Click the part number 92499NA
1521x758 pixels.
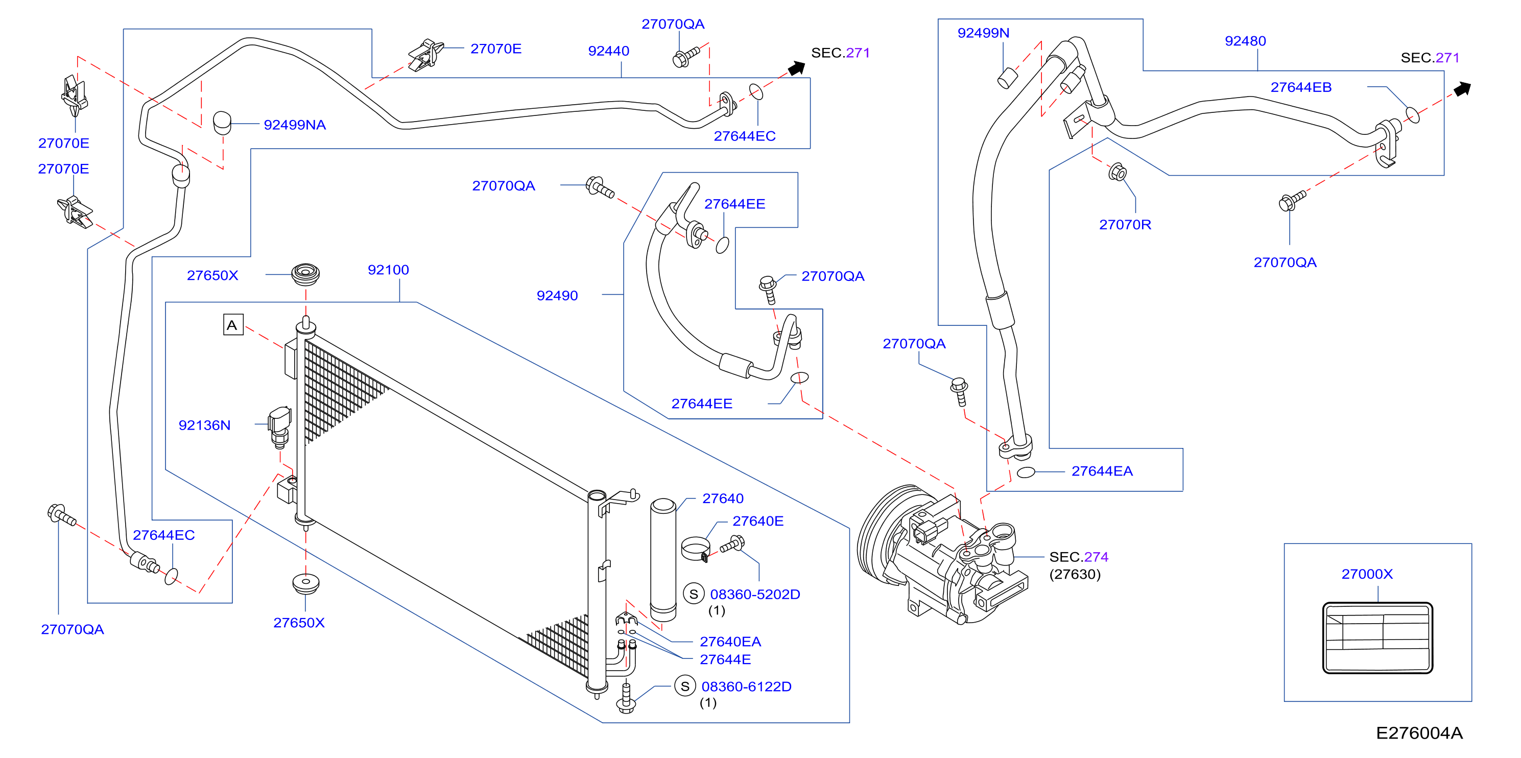click(x=295, y=125)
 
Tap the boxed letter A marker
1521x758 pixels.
click(x=233, y=325)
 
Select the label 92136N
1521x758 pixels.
click(x=204, y=425)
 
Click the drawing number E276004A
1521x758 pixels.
click(x=1419, y=732)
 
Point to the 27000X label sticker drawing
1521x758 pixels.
click(x=1377, y=637)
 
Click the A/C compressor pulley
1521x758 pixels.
click(x=886, y=534)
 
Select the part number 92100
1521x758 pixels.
click(x=388, y=270)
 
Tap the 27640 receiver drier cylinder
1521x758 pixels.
click(x=663, y=560)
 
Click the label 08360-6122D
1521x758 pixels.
click(x=746, y=686)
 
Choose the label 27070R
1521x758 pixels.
click(x=1125, y=224)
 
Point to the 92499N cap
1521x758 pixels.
click(x=1007, y=78)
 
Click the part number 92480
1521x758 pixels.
click(x=1245, y=41)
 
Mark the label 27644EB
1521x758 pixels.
click(x=1301, y=87)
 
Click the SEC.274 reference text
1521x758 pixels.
click(x=1078, y=557)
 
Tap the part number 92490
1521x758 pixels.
click(x=557, y=295)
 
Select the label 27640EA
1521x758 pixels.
click(x=730, y=642)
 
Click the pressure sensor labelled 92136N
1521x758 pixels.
click(x=279, y=425)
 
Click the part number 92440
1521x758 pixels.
click(x=608, y=51)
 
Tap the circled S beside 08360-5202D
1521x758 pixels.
click(x=694, y=594)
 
